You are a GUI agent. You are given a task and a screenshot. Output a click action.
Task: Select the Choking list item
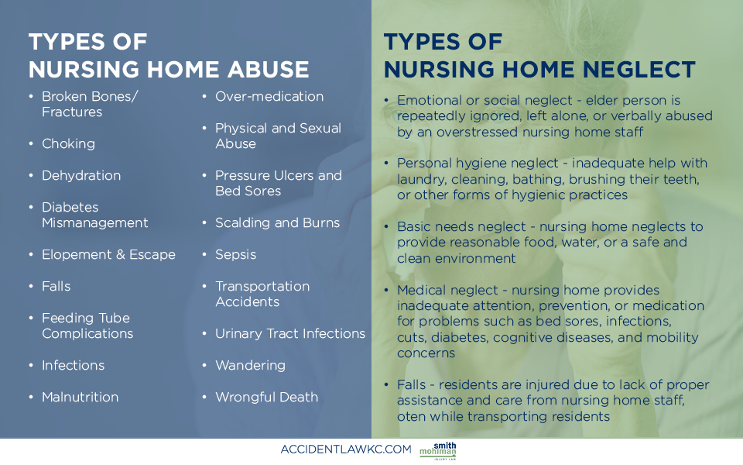point(68,143)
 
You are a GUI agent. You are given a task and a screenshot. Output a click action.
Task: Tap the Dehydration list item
point(81,175)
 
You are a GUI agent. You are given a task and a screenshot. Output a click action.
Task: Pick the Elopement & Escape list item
point(108,254)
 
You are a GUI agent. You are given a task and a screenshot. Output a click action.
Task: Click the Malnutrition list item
point(80,397)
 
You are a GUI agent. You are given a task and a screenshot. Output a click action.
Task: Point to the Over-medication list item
point(269,96)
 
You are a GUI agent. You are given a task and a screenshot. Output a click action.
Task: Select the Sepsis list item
point(235,254)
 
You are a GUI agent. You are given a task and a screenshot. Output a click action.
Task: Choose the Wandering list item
point(250,365)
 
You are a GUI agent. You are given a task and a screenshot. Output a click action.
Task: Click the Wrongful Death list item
point(266,397)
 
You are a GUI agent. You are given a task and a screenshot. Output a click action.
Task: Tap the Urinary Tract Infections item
point(289,333)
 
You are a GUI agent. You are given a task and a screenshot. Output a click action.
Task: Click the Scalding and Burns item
point(277,222)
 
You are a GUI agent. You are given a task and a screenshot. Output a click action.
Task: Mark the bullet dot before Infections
point(31,365)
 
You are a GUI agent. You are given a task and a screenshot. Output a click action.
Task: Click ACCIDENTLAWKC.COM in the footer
point(346,449)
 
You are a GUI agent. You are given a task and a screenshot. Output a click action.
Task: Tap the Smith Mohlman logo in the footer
point(438,450)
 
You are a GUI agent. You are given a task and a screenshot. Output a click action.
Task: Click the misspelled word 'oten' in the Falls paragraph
point(410,416)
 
